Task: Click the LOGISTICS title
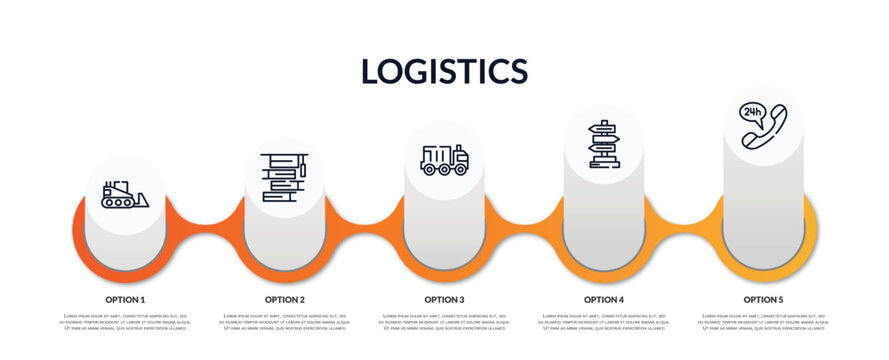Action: [444, 71]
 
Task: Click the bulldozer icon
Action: [124, 194]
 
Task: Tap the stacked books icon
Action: [285, 178]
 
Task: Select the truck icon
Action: [444, 160]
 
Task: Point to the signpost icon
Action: [604, 144]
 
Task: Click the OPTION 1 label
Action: [125, 299]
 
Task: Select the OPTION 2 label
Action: [285, 299]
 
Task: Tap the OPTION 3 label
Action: [444, 299]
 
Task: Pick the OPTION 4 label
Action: [604, 299]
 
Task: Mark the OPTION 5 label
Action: [763, 299]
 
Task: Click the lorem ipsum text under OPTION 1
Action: [125, 323]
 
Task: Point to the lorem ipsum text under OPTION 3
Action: [444, 323]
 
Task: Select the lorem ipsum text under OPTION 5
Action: [763, 323]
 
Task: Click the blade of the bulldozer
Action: [141, 200]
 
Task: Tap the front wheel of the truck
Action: [460, 169]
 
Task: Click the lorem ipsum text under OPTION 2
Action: [285, 323]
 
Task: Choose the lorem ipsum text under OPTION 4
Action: [604, 323]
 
